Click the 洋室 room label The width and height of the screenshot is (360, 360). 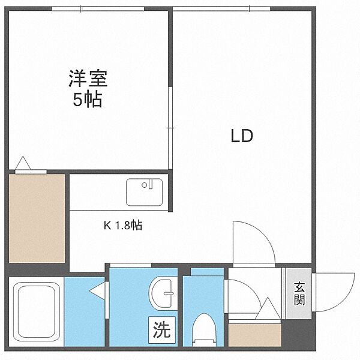88,79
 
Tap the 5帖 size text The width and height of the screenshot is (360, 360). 88,99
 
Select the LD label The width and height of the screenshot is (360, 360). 242,136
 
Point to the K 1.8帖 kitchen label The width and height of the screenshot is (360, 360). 123,226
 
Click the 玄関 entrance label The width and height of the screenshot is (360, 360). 299,294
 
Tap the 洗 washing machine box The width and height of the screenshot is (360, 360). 162,330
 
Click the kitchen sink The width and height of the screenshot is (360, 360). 145,192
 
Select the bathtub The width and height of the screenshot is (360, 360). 36,311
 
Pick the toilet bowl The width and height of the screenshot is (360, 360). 205,329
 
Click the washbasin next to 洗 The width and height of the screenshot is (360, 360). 163,293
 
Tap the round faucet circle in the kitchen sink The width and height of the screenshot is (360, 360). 145,185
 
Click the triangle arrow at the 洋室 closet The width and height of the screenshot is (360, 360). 23,163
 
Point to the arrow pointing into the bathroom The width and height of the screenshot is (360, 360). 97,291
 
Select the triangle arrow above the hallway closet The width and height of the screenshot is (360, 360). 268,308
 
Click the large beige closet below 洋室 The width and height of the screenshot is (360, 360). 37,218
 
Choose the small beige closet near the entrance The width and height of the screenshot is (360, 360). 255,335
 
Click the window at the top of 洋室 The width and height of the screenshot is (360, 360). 98,9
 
